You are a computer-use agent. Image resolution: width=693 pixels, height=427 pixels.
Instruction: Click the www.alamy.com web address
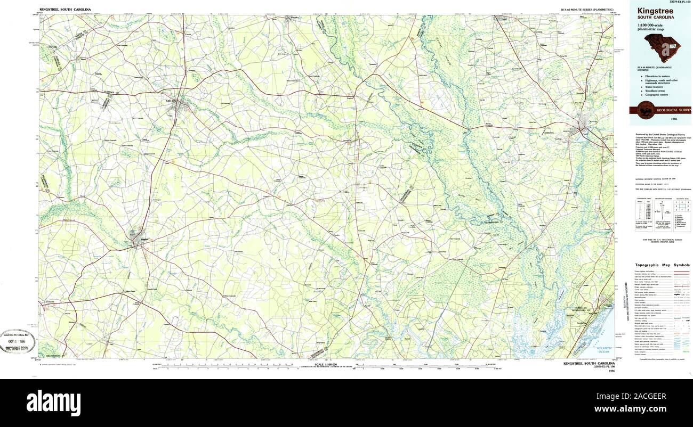coord(640,409)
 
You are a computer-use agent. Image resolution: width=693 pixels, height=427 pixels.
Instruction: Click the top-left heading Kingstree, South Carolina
coord(65,10)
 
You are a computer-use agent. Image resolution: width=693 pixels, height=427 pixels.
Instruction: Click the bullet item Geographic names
coord(656,95)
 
